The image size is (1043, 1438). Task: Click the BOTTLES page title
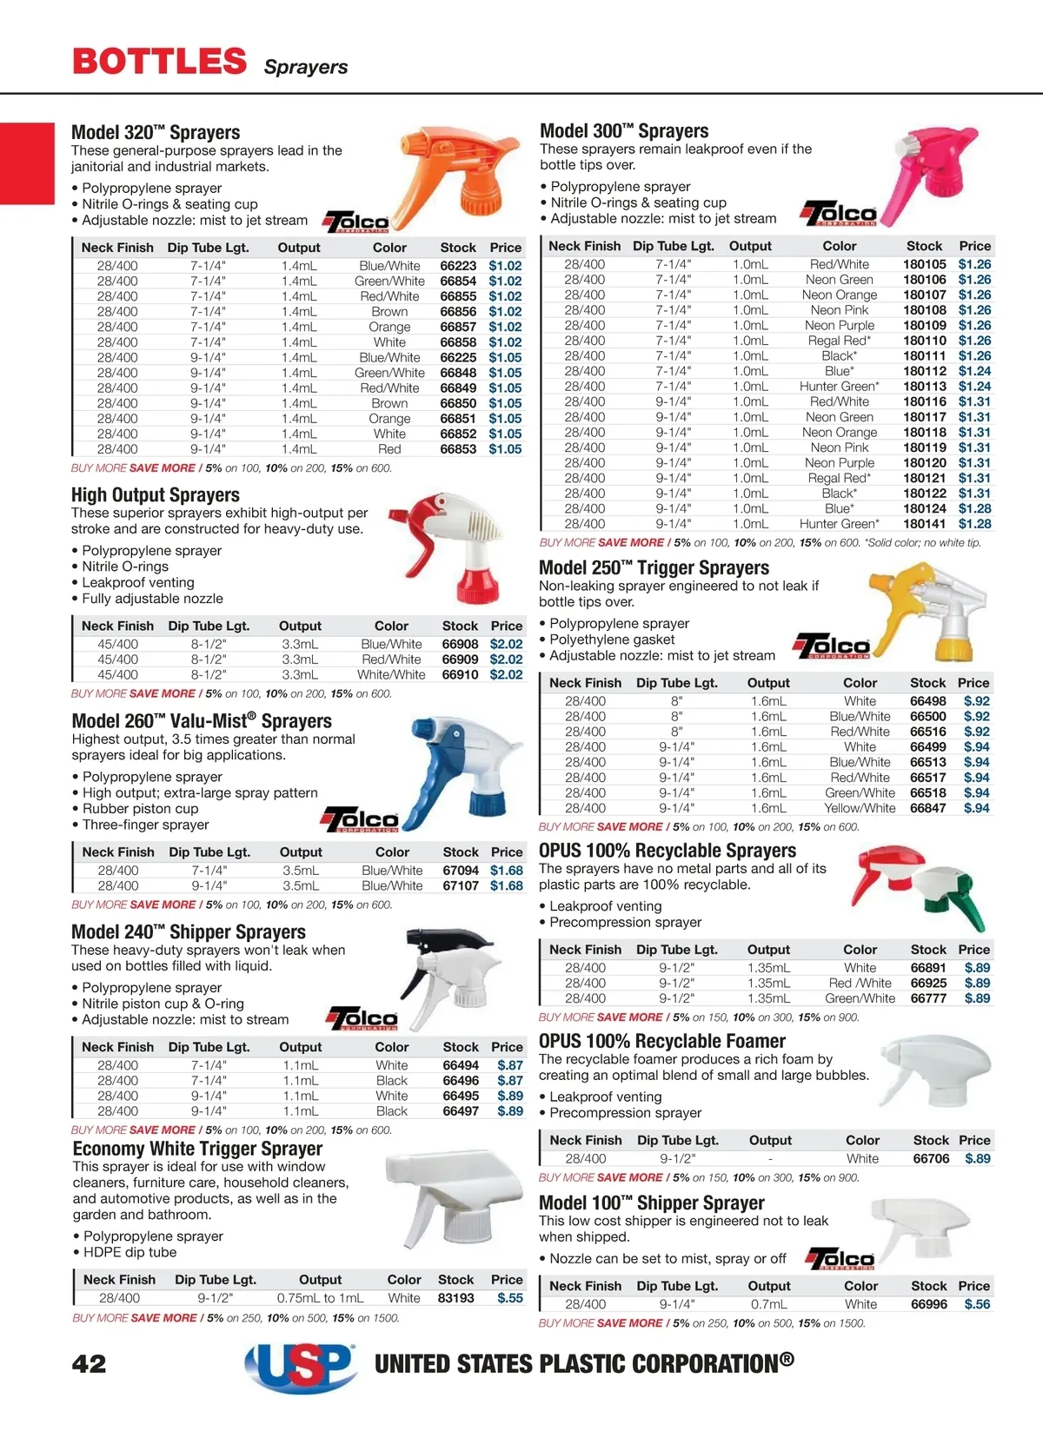(160, 62)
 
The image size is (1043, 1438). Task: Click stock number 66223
(458, 266)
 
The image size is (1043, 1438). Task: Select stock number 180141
(924, 524)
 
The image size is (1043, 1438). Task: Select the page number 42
(89, 1363)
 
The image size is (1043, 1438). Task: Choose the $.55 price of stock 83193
(510, 1298)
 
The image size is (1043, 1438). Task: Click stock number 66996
(928, 1304)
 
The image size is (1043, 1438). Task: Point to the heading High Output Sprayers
(156, 495)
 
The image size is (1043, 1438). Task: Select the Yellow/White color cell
(860, 808)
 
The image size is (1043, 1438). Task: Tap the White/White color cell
(391, 674)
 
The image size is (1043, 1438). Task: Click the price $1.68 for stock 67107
(506, 885)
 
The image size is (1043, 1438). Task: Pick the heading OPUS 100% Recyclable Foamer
(661, 1041)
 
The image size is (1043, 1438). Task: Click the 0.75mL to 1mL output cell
(320, 1298)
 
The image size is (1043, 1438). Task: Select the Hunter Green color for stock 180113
(839, 387)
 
